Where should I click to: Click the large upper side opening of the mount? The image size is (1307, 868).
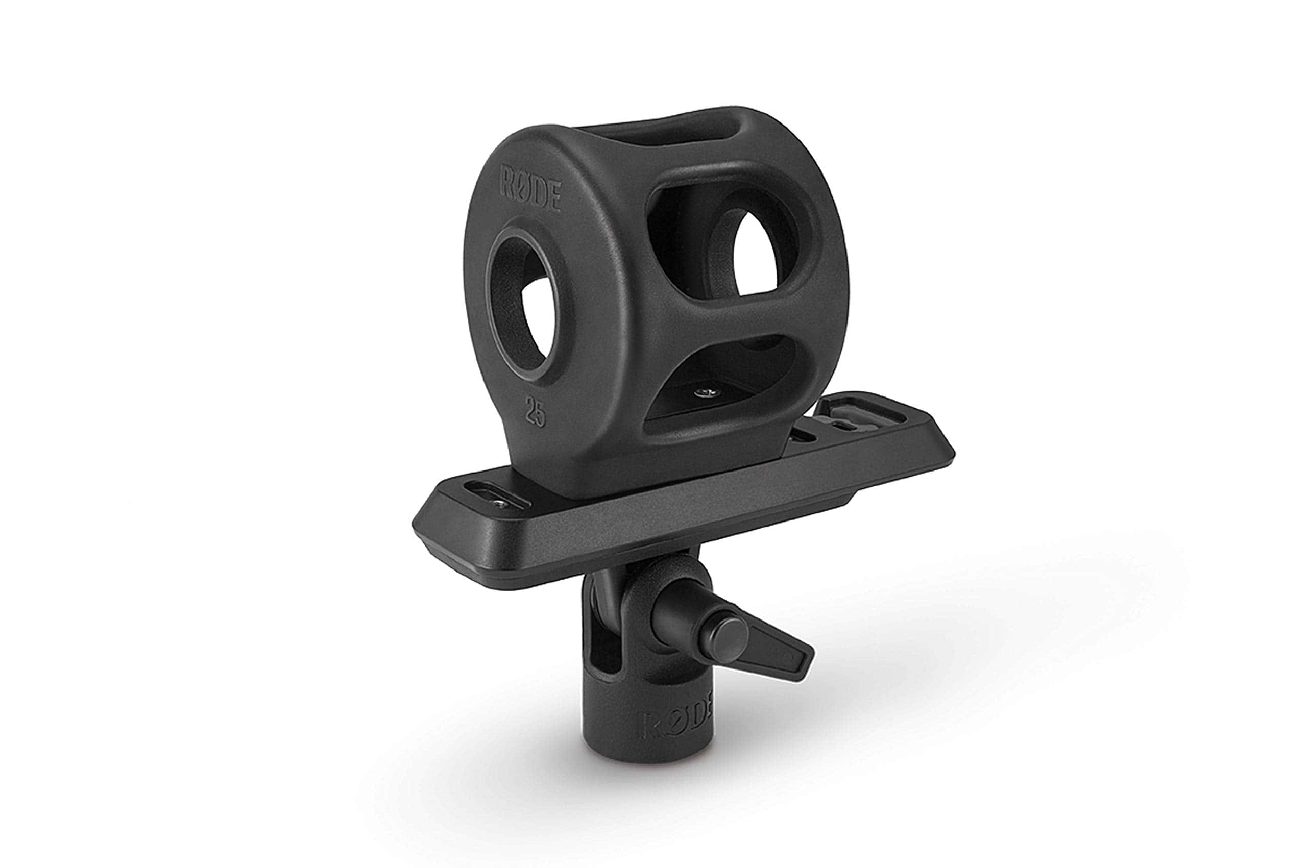tap(725, 243)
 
